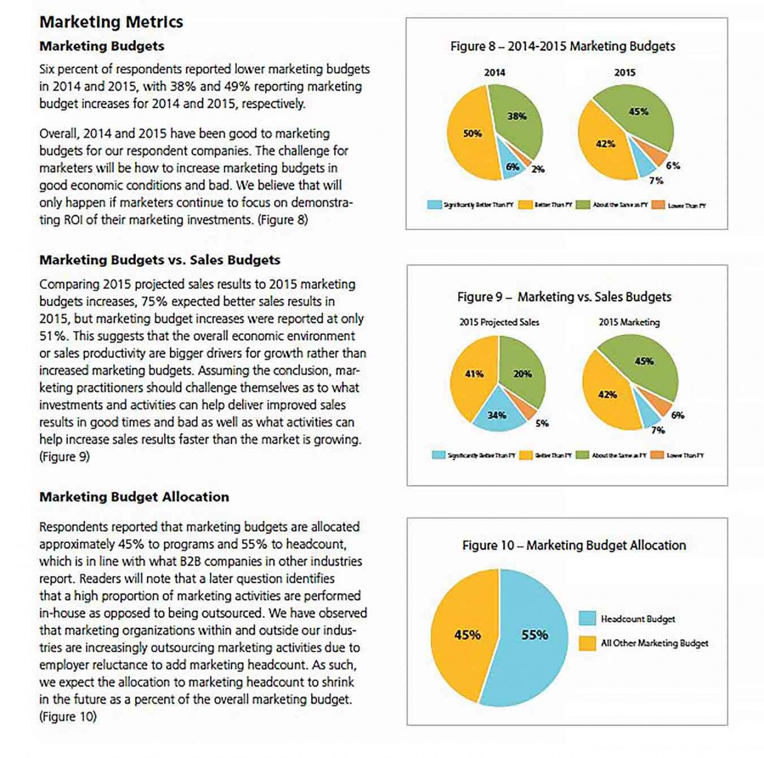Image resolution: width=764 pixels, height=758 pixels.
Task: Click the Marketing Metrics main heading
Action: pos(111,22)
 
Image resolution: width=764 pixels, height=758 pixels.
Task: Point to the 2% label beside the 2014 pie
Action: pos(538,169)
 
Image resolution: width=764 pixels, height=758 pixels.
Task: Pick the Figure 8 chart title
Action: pos(562,46)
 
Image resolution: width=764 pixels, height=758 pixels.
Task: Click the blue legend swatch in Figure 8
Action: pos(434,205)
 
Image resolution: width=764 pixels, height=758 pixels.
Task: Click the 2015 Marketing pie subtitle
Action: pos(629,322)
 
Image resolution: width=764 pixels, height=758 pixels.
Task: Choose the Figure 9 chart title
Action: pos(564,297)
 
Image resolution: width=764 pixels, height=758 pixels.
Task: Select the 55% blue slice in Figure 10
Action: pos(534,635)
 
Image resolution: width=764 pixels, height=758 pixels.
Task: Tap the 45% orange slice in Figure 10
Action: pos(465,635)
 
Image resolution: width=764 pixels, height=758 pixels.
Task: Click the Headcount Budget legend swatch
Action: pos(587,618)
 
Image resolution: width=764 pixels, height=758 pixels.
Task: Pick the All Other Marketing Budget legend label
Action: pos(654,643)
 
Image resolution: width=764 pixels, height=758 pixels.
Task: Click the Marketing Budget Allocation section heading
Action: pos(134,497)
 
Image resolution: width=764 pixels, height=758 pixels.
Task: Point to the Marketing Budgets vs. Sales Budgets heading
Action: pos(160,260)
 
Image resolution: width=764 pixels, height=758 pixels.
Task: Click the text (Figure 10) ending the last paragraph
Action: pos(68,716)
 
